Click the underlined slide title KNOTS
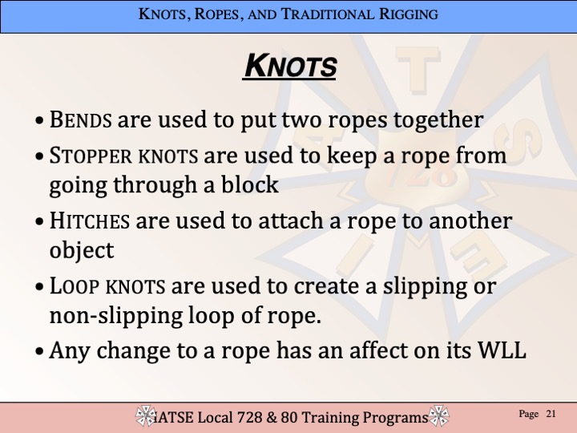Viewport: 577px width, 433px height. pyautogui.click(x=290, y=66)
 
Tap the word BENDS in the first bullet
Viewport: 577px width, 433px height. pyautogui.click(x=80, y=119)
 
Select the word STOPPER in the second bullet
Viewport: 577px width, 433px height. pyautogui.click(x=91, y=156)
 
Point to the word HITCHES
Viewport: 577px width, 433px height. pyautogui.click(x=90, y=221)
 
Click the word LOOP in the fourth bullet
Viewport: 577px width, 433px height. pyautogui.click(x=75, y=286)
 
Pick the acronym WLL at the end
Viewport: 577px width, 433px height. pyautogui.click(x=502, y=350)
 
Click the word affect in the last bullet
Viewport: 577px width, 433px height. pyautogui.click(x=378, y=350)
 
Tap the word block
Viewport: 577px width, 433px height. pyautogui.click(x=249, y=184)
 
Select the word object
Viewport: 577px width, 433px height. pyautogui.click(x=82, y=251)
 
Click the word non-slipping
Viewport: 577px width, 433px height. pyautogui.click(x=116, y=316)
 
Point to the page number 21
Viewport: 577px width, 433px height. pyautogui.click(x=551, y=414)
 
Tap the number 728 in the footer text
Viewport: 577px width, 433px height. pyautogui.click(x=250, y=418)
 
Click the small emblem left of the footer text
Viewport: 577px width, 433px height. pyautogui.click(x=146, y=415)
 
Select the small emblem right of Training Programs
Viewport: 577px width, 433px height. pyautogui.click(x=438, y=415)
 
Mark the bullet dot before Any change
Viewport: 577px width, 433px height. pyautogui.click(x=39, y=351)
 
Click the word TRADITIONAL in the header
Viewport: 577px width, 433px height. pyautogui.click(x=327, y=14)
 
